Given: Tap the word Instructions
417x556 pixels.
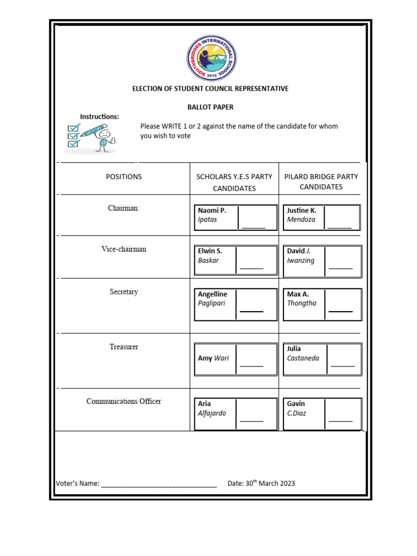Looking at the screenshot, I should (99, 117).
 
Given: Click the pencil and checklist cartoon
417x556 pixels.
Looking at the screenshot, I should (91, 137).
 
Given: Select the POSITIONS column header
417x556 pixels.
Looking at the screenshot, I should (124, 176).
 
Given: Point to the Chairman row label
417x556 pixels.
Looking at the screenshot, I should (124, 208).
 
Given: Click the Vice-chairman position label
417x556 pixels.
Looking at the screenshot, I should (124, 249).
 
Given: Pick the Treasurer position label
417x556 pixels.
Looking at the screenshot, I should (124, 346).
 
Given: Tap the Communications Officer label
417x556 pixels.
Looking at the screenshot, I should (124, 401).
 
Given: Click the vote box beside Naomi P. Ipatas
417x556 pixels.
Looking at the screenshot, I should (253, 218).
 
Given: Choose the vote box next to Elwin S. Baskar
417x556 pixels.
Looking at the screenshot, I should (252, 259).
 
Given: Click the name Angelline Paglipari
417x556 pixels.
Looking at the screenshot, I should (213, 299).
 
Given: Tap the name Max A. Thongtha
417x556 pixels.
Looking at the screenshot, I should (302, 299).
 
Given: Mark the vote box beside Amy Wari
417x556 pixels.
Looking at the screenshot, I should (252, 359).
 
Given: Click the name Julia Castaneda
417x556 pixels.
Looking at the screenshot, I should (303, 353).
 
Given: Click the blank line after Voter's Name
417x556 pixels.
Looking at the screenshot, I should (159, 483).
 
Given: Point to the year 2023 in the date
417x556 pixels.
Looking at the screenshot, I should (286, 483).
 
